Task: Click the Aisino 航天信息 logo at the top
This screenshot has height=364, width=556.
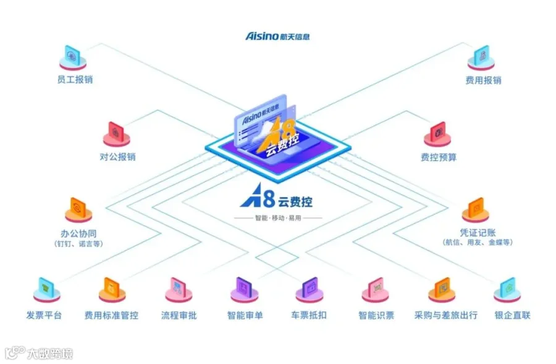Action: click(x=277, y=36)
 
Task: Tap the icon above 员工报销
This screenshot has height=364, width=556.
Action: click(x=73, y=57)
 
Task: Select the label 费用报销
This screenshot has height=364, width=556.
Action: click(x=483, y=80)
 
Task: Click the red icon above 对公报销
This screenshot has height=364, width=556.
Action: click(x=116, y=134)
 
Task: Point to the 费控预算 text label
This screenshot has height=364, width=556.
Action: click(x=439, y=157)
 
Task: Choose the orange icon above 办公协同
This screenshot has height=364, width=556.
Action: click(x=78, y=210)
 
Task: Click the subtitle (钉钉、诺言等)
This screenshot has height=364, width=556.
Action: click(x=78, y=243)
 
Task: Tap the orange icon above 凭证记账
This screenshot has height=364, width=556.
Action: click(x=476, y=210)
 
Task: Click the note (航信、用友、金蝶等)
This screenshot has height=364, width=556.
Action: click(x=478, y=242)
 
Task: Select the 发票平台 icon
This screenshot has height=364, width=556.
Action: click(x=46, y=290)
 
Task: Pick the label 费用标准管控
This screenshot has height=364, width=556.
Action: click(x=111, y=315)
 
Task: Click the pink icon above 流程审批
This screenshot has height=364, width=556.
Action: click(x=179, y=290)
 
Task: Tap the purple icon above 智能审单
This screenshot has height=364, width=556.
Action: click(x=244, y=290)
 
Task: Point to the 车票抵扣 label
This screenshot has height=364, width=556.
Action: click(x=309, y=315)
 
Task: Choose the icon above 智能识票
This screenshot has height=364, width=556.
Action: click(x=376, y=290)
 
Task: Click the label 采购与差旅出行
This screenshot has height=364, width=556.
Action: click(x=445, y=315)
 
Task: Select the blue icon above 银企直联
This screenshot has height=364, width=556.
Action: click(x=507, y=290)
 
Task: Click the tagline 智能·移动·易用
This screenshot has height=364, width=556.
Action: click(x=278, y=218)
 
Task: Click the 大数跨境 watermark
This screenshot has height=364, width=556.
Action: click(x=39, y=353)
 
